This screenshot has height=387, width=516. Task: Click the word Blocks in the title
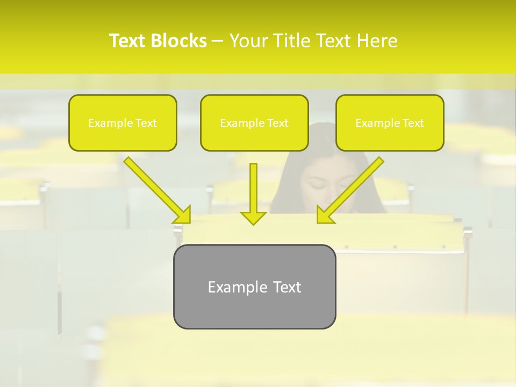pyautogui.click(x=178, y=41)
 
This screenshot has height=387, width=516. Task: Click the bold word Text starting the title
pyautogui.click(x=128, y=41)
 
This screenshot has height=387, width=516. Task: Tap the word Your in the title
pyautogui.click(x=250, y=41)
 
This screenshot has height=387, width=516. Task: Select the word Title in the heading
pyautogui.click(x=293, y=41)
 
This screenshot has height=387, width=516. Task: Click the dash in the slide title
pyautogui.click(x=218, y=41)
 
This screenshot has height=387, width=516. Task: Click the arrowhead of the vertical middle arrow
pyautogui.click(x=253, y=218)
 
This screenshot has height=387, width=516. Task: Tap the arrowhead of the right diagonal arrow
pyautogui.click(x=325, y=215)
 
